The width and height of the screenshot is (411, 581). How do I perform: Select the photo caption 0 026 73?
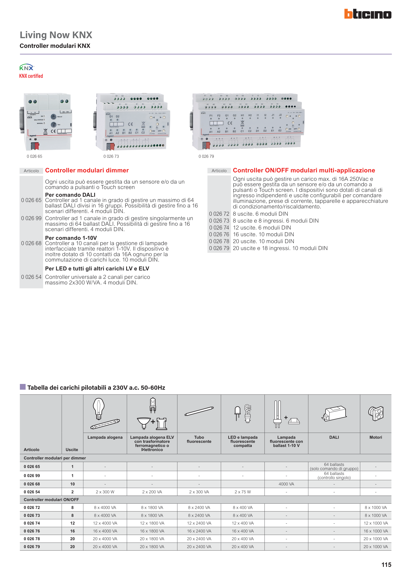point(111,156)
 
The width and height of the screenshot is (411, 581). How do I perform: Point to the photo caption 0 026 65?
point(34,156)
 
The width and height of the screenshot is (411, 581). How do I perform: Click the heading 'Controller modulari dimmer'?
point(87,170)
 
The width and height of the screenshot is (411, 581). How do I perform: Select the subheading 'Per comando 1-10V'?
point(71,238)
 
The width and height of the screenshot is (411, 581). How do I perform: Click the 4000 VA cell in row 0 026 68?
point(286,484)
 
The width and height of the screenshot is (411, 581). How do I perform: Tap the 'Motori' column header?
point(376,437)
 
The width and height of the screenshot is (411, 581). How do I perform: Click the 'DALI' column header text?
point(334,437)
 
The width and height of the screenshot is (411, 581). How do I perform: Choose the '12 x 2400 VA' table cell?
point(199,523)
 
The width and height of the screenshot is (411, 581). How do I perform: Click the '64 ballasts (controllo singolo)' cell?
point(334,476)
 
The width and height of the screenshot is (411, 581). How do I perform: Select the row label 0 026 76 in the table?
point(32,531)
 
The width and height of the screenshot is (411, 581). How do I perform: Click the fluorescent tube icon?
point(199,411)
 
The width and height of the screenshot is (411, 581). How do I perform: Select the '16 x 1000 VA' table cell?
point(376,531)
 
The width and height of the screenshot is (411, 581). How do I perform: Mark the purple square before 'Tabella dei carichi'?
point(23,387)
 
